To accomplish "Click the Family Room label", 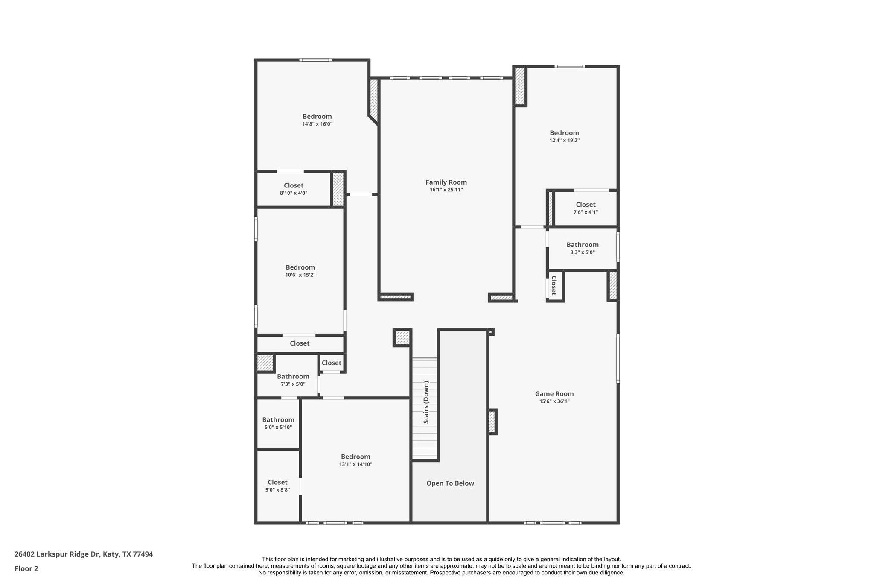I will [x=446, y=182].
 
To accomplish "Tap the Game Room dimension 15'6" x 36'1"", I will [x=554, y=401].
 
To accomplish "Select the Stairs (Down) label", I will [x=426, y=402].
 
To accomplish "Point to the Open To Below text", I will [x=450, y=483].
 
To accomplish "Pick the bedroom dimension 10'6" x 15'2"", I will [x=300, y=275].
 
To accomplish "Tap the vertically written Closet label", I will [x=554, y=285].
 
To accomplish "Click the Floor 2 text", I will [x=26, y=568].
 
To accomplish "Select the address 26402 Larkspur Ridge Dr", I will [x=84, y=554].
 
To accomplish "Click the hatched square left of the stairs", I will [x=402, y=337].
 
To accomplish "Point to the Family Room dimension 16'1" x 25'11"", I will [x=446, y=190].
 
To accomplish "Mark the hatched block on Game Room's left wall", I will [x=492, y=422].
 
